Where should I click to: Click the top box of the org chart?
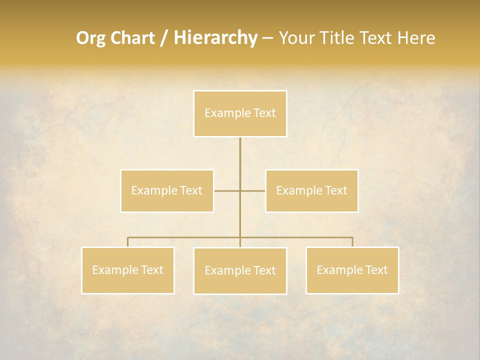tap(240, 113)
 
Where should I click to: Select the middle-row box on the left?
tap(167, 190)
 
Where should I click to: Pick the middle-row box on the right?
tap(311, 190)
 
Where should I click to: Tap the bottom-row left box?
tap(128, 270)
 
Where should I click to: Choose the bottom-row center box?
tap(240, 270)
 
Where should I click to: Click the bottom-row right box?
tap(352, 270)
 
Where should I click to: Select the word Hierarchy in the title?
tap(215, 38)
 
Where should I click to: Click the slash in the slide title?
tap(164, 38)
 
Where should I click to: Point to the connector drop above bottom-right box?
tap(352, 242)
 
